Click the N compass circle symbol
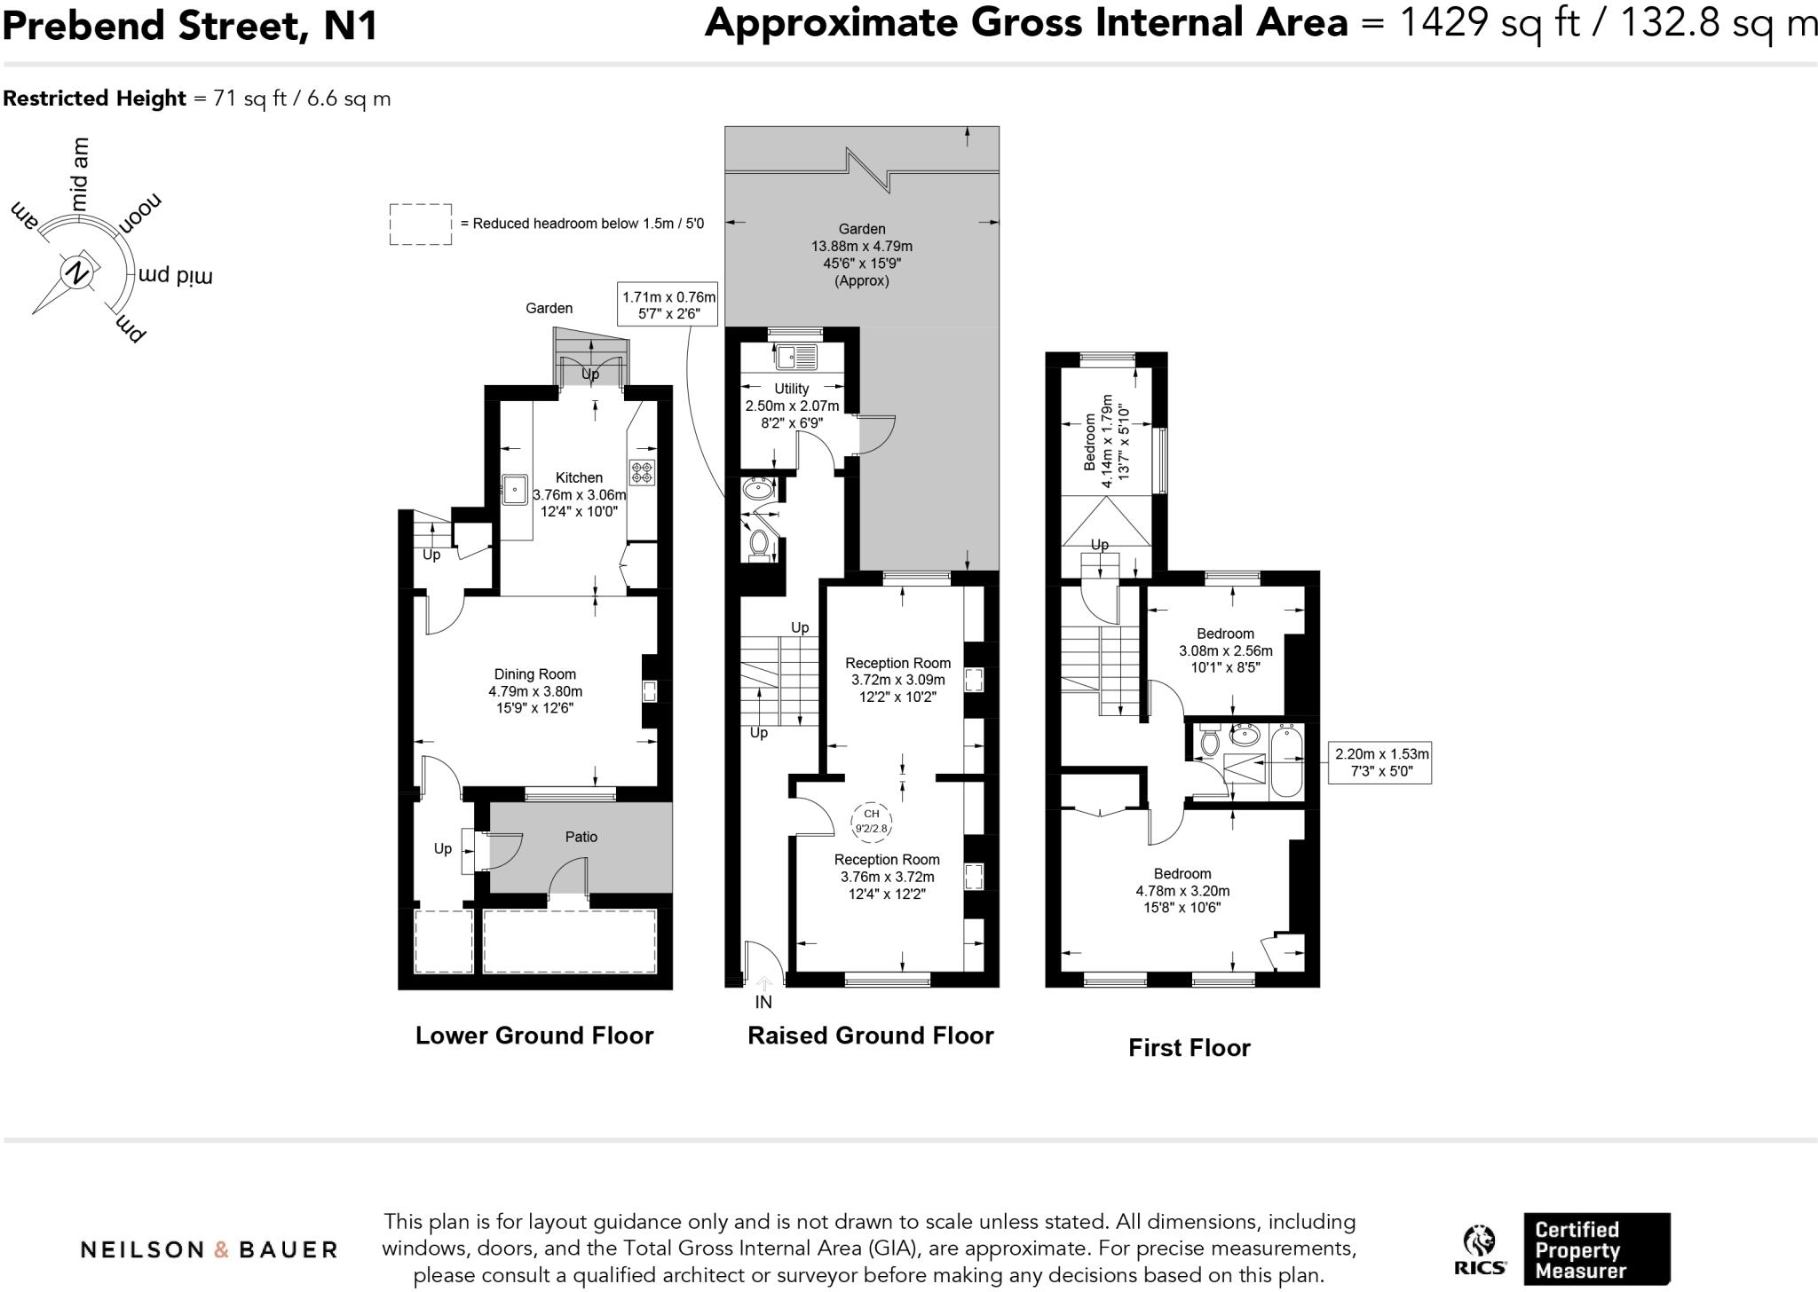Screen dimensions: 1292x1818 (x=77, y=272)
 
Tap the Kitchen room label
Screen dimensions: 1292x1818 (x=579, y=478)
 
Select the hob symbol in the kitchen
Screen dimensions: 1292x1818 (x=641, y=472)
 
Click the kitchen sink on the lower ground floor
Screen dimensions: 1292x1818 (x=515, y=488)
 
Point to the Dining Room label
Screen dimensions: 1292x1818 (x=534, y=674)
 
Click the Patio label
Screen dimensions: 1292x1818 (x=581, y=837)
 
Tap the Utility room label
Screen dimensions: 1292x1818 (x=791, y=389)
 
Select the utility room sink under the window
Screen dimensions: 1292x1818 (x=796, y=358)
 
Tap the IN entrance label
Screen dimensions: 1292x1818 (x=763, y=1002)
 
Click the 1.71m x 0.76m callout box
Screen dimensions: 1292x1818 (x=668, y=305)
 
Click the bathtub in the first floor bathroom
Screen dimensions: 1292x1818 (x=1285, y=761)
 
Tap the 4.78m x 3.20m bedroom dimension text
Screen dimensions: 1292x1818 (x=1182, y=891)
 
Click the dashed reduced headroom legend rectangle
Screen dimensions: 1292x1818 (x=420, y=224)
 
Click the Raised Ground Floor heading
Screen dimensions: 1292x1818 (x=870, y=1036)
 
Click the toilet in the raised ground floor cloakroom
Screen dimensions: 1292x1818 (x=759, y=543)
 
